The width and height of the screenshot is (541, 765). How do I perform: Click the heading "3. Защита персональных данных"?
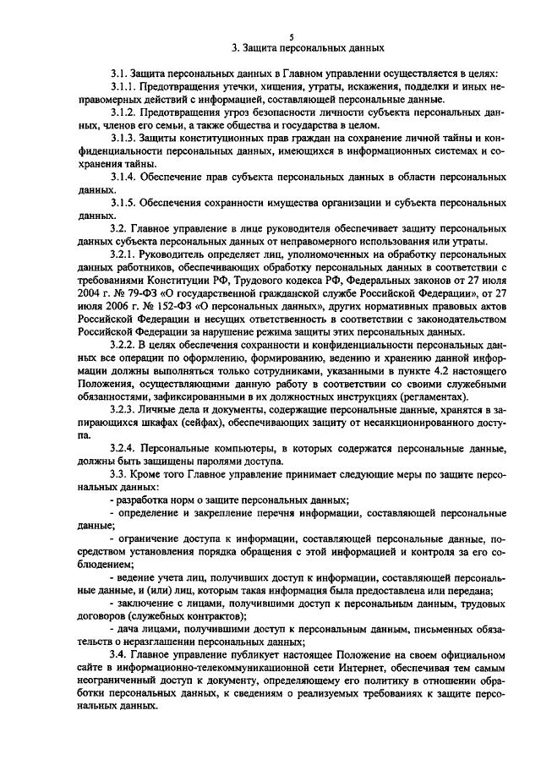[290, 48]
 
